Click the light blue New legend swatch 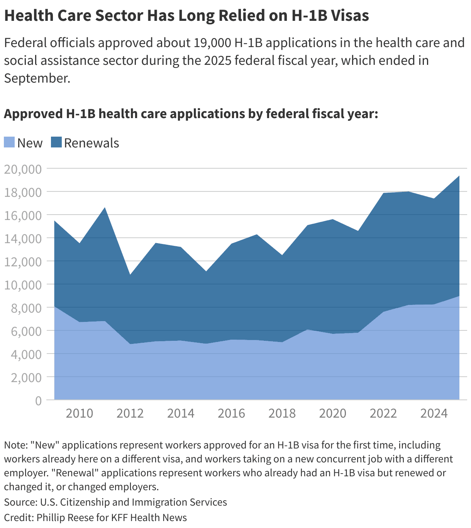(x=9, y=142)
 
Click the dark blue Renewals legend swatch (x=56, y=142)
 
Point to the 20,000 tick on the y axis (x=22, y=169)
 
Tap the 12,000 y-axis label (x=22, y=262)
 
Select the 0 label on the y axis (x=38, y=401)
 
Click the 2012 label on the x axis (x=130, y=413)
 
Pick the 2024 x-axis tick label (x=434, y=413)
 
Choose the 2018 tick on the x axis (x=282, y=413)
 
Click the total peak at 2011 (x=105, y=208)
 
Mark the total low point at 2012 (x=130, y=275)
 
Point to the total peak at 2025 (x=459, y=176)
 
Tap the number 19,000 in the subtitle (x=212, y=42)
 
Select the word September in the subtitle (x=37, y=78)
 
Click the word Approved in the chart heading (x=31, y=114)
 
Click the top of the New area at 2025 (x=459, y=296)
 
